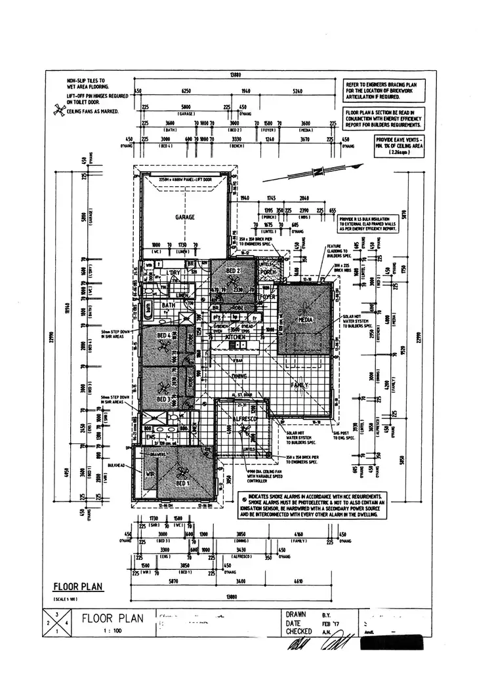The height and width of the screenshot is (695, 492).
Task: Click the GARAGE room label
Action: [184, 217]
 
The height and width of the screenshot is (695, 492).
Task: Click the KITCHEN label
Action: [236, 336]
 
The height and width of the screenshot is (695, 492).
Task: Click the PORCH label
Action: [267, 272]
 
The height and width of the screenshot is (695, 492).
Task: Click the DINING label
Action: [239, 377]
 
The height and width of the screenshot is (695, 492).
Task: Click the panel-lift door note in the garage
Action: [186, 179]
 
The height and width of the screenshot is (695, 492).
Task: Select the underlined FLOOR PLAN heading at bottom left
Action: [77, 587]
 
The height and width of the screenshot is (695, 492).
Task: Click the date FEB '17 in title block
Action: [329, 623]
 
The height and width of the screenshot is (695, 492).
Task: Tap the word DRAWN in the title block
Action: [297, 614]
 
